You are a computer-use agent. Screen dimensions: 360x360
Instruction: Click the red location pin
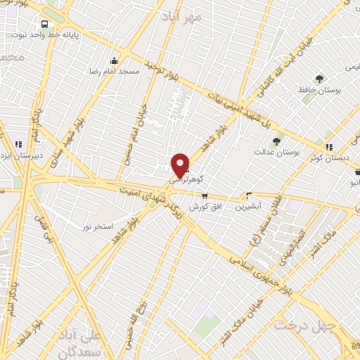pos(181,165)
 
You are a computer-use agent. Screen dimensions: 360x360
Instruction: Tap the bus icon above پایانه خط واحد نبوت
pos(45,23)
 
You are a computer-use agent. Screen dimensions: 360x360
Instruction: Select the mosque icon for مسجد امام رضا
pos(114,60)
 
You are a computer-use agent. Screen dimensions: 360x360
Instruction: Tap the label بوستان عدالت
pos(276,152)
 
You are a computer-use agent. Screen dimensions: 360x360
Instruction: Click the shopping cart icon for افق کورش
pos(205,196)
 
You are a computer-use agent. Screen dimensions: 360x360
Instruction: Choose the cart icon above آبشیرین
pos(248,195)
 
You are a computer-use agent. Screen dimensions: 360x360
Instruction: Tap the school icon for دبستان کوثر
pos(328,146)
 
